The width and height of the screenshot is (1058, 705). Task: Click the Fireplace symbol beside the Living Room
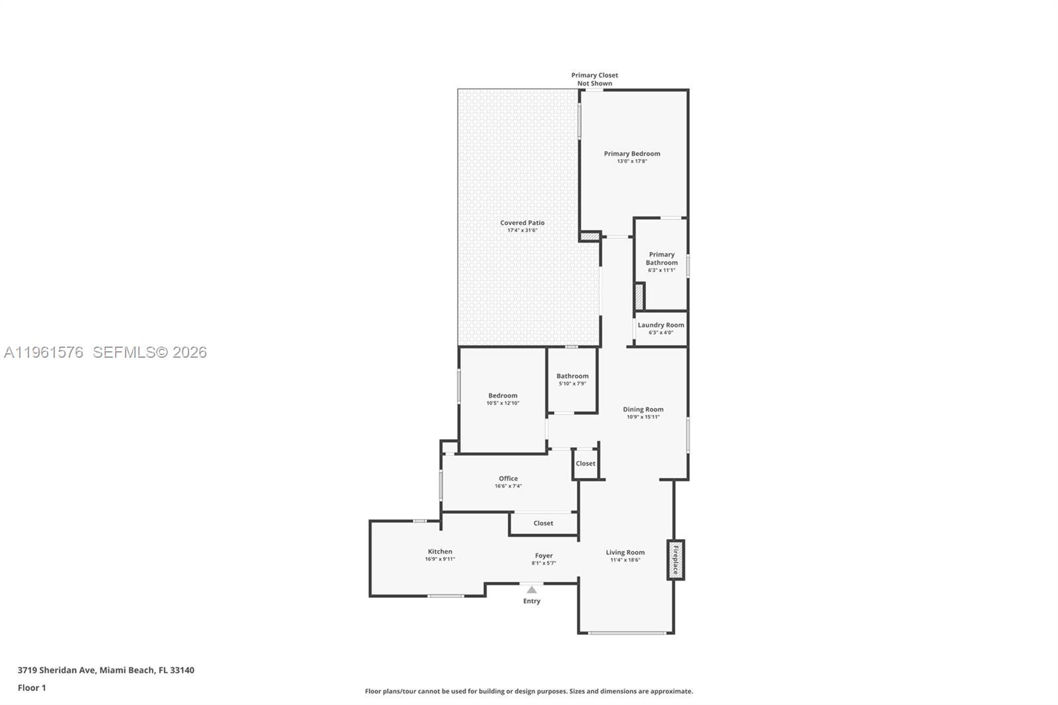[x=676, y=560]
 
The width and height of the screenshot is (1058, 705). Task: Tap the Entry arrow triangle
[x=532, y=590]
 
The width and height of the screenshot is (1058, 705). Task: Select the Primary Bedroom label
[x=631, y=153]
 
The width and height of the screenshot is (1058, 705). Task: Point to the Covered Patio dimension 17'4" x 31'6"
[x=522, y=230]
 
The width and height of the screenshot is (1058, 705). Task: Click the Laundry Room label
[x=661, y=325]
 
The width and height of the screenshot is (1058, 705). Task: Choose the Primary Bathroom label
[x=661, y=259]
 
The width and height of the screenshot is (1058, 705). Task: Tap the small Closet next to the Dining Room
[x=585, y=464]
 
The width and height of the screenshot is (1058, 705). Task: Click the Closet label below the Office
[x=543, y=523]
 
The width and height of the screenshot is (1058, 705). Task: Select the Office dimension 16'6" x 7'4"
[x=508, y=486]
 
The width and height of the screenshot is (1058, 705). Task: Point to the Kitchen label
[x=440, y=552]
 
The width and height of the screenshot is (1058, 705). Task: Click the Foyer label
[x=544, y=556]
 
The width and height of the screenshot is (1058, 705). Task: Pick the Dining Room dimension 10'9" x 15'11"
[x=643, y=417]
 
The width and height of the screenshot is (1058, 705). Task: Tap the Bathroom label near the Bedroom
[x=572, y=376]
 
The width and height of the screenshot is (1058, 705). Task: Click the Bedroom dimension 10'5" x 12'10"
[x=503, y=403]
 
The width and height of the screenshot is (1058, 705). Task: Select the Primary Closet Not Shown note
[x=594, y=79]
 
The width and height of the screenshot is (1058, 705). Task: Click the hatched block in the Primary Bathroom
[x=639, y=296]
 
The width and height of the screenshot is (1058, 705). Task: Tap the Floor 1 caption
[x=32, y=688]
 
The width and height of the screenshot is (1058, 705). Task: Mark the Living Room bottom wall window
[x=627, y=633]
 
